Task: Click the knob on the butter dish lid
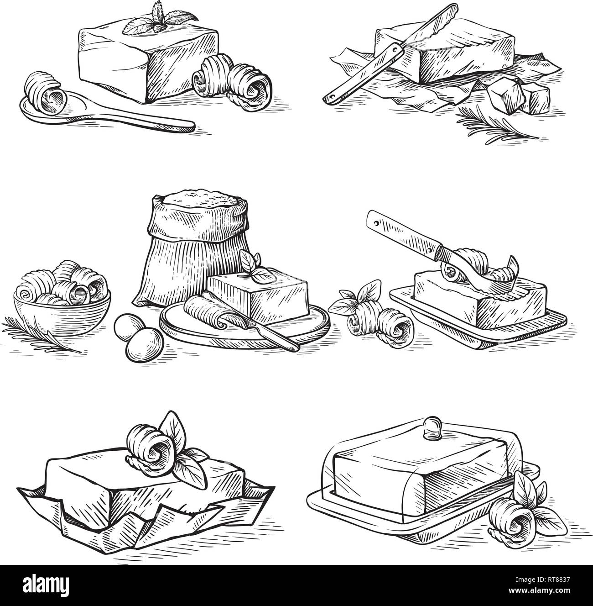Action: pos(433,427)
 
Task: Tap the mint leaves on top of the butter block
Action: pos(159,21)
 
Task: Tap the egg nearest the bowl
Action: pos(129,328)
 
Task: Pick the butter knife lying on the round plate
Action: pos(251,323)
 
